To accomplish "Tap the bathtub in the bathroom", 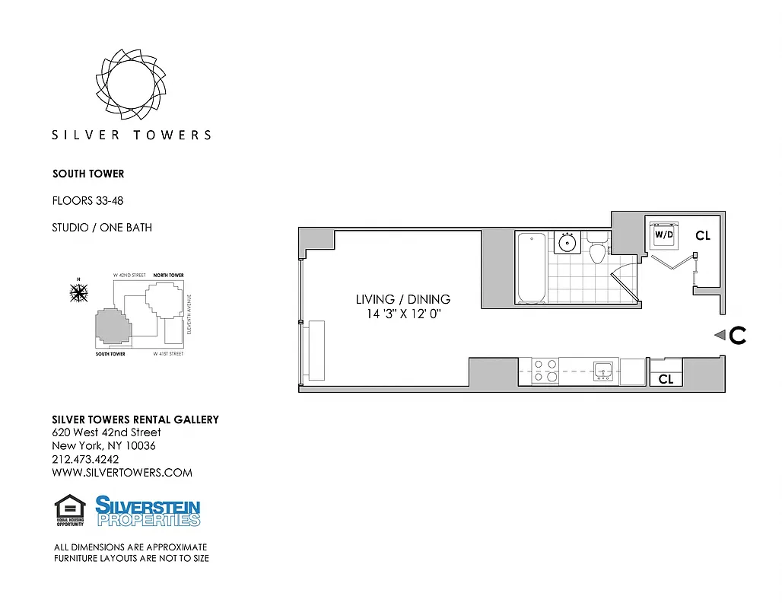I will click(x=531, y=268).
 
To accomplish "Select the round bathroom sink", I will click(x=566, y=243).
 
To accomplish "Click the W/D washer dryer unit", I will click(x=663, y=235).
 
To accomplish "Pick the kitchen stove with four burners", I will click(x=545, y=370).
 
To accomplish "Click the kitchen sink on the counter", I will click(x=603, y=371).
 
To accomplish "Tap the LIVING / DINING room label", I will click(x=402, y=299).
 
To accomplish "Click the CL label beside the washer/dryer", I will click(x=702, y=236).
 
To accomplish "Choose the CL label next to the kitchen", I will click(x=666, y=378).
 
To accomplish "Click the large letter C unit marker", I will click(x=737, y=335).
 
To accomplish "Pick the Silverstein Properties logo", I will click(x=148, y=511).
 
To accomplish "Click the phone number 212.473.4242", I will click(x=85, y=459).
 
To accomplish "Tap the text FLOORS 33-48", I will click(x=87, y=201).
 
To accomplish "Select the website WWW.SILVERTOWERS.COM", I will click(x=122, y=472).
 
